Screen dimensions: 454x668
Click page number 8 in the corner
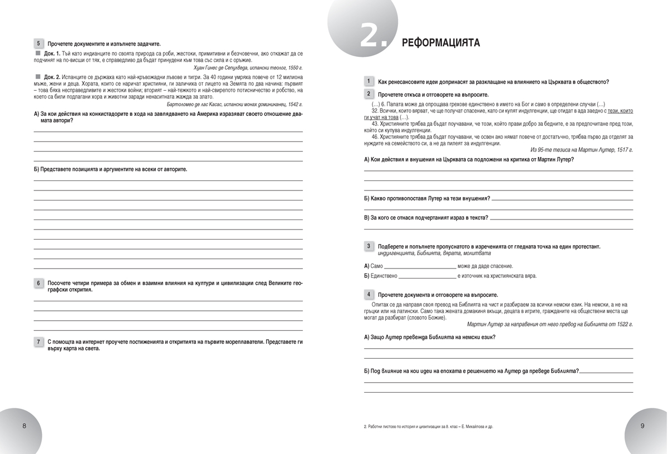click(x=24, y=426)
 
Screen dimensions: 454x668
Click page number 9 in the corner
click(x=642, y=426)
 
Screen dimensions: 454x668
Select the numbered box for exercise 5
click(x=38, y=43)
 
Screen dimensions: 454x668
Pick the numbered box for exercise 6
click(x=38, y=283)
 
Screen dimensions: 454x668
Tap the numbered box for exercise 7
click(x=38, y=341)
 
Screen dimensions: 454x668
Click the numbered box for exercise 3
click(x=369, y=246)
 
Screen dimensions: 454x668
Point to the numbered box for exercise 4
click(x=369, y=294)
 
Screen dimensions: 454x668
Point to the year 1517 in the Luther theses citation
click(x=620, y=150)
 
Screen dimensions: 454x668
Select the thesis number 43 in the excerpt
click(x=375, y=124)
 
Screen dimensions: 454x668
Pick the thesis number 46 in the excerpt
click(x=375, y=136)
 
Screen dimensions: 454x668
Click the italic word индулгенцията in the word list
click(x=389, y=253)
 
